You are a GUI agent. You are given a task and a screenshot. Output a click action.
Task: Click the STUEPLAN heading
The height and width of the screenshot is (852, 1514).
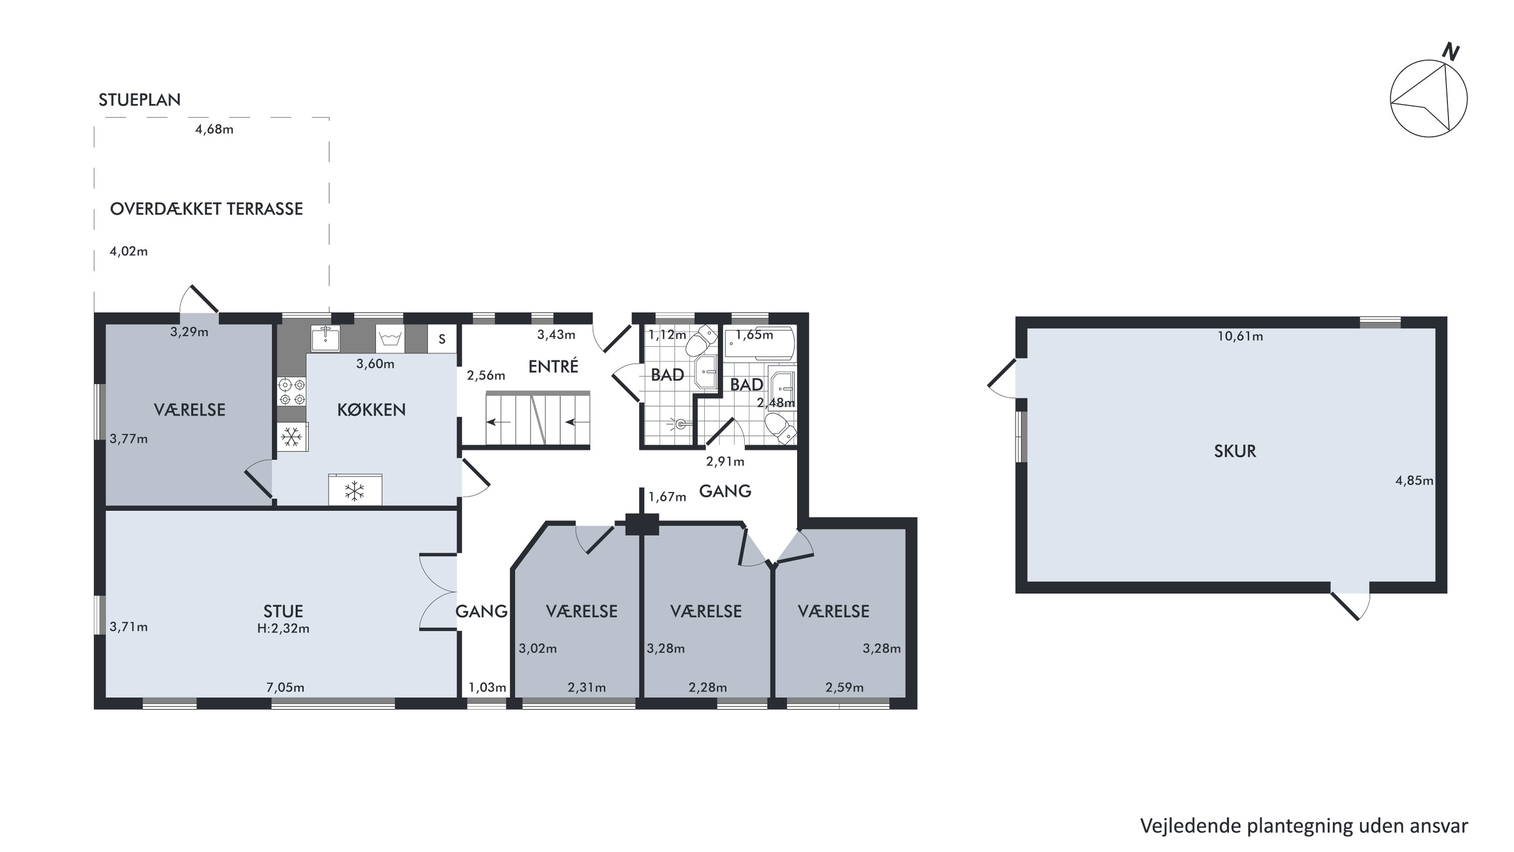139,100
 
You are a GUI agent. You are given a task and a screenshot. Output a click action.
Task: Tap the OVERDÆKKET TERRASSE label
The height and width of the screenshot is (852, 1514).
206,209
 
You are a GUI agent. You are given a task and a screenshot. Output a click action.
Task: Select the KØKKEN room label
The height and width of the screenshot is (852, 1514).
372,410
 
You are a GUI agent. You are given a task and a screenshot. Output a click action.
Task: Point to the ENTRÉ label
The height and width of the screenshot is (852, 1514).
553,366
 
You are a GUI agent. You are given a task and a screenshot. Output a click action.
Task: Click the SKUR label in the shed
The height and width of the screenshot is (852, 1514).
1235,451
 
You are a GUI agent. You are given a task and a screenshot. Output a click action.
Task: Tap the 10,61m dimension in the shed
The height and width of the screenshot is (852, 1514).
1240,336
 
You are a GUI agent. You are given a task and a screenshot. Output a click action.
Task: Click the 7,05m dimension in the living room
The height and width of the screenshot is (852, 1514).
285,687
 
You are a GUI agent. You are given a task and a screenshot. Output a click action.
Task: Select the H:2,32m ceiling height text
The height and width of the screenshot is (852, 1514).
283,628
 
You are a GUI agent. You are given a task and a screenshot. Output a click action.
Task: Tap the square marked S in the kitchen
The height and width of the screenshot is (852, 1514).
442,339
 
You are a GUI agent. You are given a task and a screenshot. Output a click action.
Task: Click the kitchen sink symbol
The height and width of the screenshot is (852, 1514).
325,337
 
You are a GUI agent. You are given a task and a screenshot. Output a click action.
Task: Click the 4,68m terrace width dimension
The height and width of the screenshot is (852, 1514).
214,129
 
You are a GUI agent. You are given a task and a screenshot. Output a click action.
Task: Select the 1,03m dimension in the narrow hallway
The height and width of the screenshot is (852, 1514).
487,687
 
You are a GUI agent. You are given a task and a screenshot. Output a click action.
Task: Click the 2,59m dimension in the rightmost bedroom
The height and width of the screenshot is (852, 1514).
845,687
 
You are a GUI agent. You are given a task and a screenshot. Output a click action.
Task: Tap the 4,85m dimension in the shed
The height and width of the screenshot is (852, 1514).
1414,480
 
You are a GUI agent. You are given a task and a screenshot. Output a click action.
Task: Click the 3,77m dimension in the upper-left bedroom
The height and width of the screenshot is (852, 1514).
129,439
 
